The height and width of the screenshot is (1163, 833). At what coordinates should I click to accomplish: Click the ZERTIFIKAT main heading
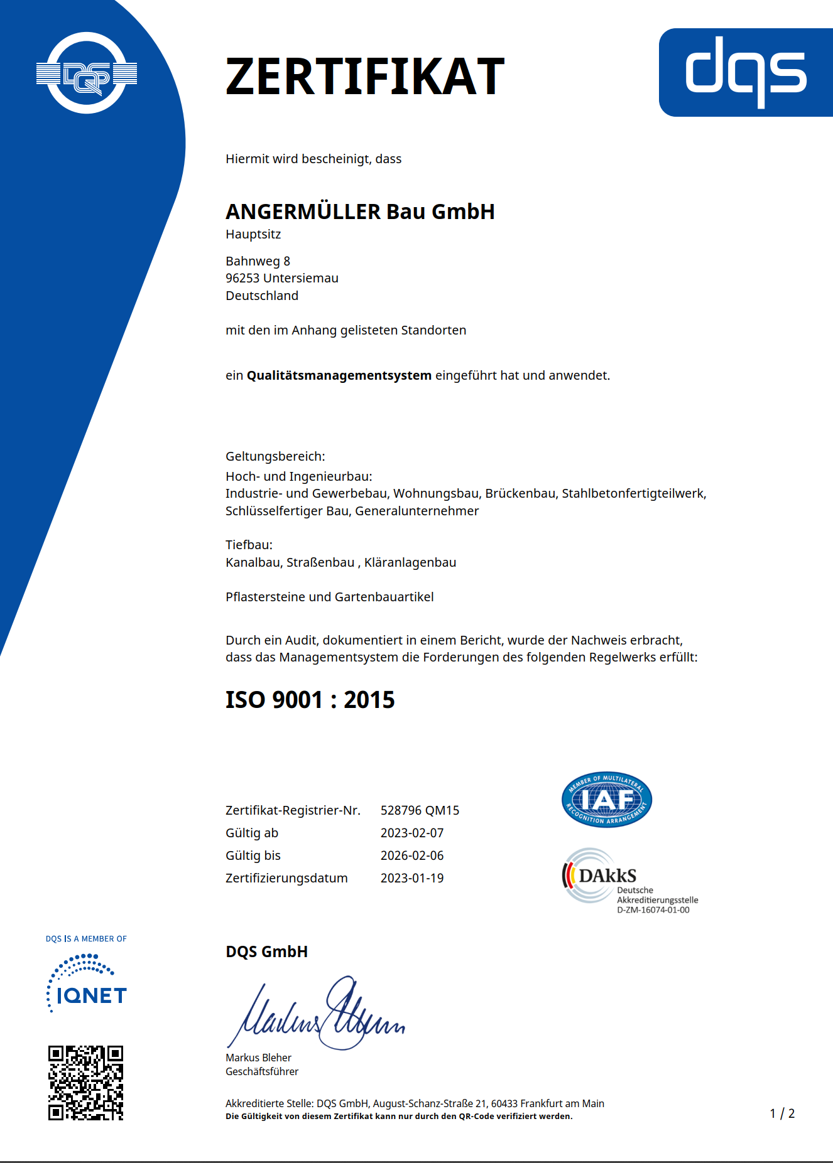[364, 77]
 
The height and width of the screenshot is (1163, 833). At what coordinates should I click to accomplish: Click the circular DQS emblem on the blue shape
[87, 73]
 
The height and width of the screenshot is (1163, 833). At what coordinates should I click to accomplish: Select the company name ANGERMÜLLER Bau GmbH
[360, 212]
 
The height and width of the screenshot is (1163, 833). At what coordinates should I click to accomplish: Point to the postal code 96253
[242, 278]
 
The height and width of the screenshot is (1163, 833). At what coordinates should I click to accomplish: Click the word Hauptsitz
[253, 235]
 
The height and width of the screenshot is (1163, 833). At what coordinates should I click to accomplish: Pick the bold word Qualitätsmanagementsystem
[339, 375]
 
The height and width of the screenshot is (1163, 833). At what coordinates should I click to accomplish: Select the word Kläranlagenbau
[410, 562]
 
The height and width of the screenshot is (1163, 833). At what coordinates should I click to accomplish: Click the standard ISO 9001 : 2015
[310, 700]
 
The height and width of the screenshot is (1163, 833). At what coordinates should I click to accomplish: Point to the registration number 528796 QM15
[420, 810]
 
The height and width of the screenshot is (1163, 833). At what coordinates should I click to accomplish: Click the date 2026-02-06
[412, 855]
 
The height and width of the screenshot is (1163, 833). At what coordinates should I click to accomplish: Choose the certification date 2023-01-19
[412, 878]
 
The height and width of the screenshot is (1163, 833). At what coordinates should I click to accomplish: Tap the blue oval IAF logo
[606, 800]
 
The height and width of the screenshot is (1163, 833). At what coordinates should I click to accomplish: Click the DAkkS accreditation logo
[600, 876]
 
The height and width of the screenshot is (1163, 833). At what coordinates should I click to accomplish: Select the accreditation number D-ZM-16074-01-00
[653, 910]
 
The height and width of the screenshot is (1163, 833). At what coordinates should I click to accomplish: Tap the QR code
[86, 1083]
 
